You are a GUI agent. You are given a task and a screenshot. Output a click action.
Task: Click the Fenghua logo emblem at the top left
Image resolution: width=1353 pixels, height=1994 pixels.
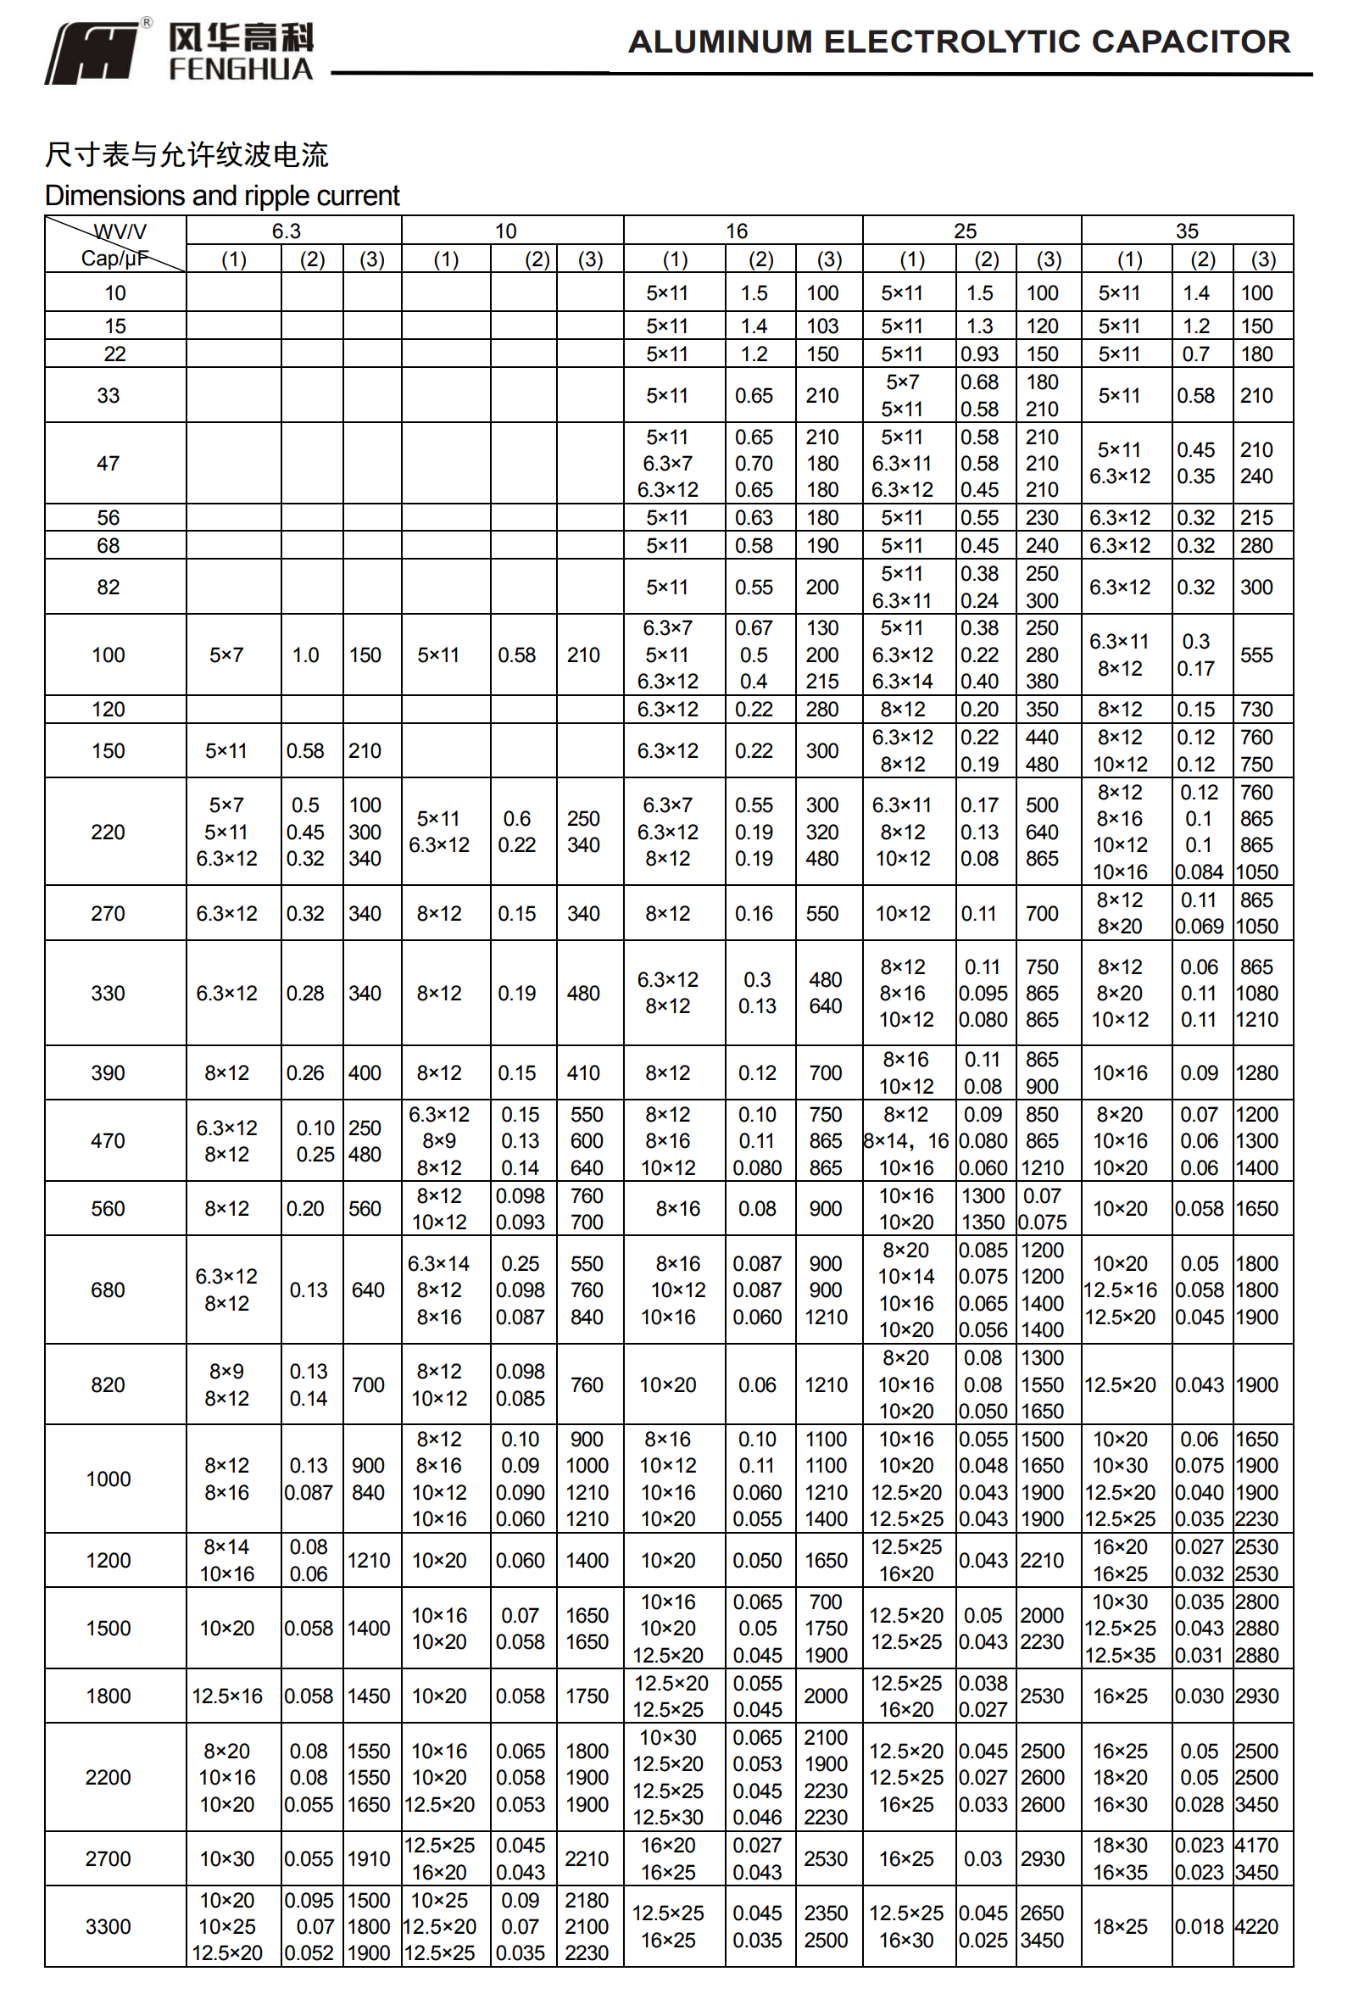coord(92,53)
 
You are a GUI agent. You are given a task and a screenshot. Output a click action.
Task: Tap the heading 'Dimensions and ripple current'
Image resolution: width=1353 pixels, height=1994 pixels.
coord(222,196)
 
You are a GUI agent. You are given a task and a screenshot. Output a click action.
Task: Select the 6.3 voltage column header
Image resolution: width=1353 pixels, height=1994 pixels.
coord(286,231)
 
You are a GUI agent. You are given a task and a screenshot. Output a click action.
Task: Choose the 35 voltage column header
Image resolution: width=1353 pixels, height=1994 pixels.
coord(1187,231)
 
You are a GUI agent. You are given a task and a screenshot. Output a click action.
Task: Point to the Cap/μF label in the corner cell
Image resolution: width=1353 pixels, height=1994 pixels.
coord(114,259)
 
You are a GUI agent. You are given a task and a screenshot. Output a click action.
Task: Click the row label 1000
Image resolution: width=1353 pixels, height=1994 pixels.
coord(109,1479)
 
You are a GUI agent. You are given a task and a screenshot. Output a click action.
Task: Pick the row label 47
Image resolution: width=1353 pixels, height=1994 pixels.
coord(109,464)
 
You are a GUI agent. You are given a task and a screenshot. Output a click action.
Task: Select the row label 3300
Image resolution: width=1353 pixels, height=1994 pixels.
coord(109,1926)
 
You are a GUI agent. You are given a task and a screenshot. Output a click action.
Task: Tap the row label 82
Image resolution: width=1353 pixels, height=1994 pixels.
coord(109,587)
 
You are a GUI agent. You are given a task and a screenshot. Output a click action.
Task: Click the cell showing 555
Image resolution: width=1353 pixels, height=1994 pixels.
coord(1256,654)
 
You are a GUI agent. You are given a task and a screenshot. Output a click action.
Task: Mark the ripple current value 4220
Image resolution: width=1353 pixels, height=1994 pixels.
coord(1256,1926)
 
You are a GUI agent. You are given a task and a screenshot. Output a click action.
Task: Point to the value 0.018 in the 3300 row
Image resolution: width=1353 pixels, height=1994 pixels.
coord(1199,1926)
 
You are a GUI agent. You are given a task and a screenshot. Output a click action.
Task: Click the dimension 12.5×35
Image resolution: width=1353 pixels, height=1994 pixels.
coord(1120,1655)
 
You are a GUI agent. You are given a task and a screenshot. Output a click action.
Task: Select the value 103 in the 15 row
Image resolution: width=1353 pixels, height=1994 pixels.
coord(822,326)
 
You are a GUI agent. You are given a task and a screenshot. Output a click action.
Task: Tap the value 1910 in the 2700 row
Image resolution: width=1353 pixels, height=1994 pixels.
coord(368,1858)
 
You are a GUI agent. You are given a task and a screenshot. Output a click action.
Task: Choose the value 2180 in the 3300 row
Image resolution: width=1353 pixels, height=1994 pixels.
coord(587,1900)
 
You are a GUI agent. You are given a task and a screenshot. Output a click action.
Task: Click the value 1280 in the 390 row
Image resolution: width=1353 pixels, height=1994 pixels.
coord(1256,1072)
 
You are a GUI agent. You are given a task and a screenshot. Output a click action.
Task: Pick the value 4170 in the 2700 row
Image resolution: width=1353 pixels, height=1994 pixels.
coord(1256,1845)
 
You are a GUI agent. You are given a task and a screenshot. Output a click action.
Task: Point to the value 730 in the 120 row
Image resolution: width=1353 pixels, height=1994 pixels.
coord(1256,710)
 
